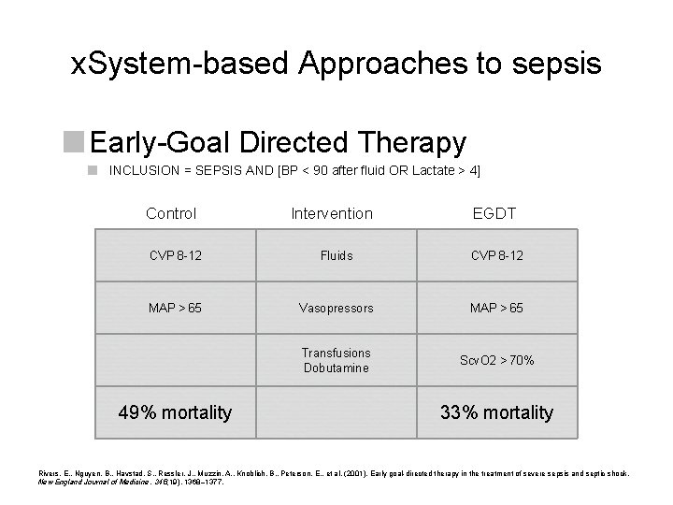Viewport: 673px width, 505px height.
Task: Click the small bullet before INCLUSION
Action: [93, 171]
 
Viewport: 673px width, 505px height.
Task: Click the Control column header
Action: [171, 214]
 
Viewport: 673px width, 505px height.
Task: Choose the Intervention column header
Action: [332, 214]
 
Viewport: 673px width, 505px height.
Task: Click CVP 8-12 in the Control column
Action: [171, 255]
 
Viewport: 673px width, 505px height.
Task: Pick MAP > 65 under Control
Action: [171, 307]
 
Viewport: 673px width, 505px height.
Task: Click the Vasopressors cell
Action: [336, 307]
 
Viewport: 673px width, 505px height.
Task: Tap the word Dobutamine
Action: [336, 368]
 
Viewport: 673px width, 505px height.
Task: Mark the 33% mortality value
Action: [497, 412]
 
